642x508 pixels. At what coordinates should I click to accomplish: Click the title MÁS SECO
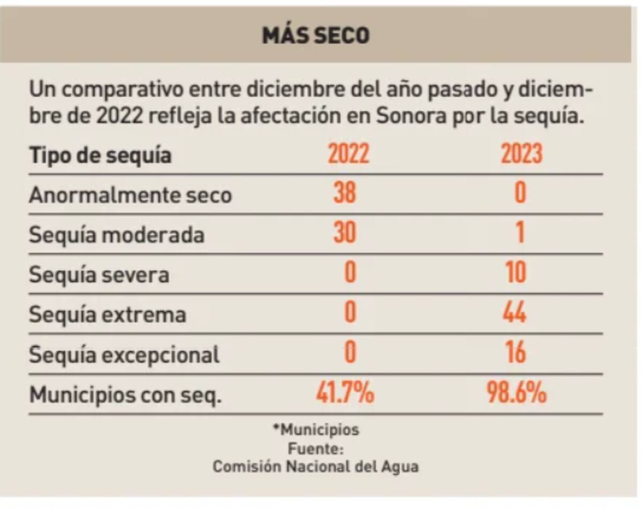[x=316, y=36]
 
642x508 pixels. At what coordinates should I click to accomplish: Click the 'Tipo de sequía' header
[x=101, y=156]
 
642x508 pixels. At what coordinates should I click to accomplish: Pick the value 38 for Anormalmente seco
[x=345, y=193]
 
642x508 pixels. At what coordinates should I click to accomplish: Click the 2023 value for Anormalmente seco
[x=519, y=193]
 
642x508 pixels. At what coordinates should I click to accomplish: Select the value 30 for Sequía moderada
[x=345, y=233]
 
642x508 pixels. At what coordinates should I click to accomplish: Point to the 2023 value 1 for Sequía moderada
[x=519, y=233]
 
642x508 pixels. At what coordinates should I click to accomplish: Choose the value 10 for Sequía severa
[x=515, y=273]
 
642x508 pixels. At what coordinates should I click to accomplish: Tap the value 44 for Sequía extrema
[x=515, y=313]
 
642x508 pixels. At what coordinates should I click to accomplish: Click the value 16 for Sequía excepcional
[x=516, y=353]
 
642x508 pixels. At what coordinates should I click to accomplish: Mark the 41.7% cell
[x=345, y=394]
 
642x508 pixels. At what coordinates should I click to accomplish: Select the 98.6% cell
[x=517, y=394]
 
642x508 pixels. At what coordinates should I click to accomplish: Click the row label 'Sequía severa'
[x=99, y=275]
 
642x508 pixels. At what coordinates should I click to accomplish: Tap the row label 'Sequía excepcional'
[x=124, y=355]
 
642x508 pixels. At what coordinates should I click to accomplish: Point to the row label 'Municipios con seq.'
[x=125, y=396]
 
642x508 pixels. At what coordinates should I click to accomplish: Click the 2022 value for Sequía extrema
[x=349, y=313]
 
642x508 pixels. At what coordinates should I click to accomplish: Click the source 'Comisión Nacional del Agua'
[x=316, y=466]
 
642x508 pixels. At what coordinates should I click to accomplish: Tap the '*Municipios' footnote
[x=316, y=430]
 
